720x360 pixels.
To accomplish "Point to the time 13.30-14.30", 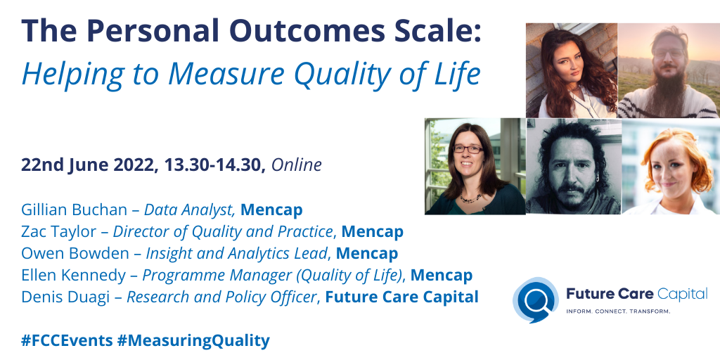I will pos(214,165).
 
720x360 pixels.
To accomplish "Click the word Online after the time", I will pos(296,165).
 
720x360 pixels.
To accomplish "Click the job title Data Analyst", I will pos(189,209).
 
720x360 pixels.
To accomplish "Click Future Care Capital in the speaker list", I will pos(401,297).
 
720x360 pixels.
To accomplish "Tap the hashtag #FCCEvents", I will pos(67,340).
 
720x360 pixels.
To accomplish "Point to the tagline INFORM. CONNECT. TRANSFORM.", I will pos(619,311).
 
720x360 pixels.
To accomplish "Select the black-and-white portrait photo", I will pos(573,166).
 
